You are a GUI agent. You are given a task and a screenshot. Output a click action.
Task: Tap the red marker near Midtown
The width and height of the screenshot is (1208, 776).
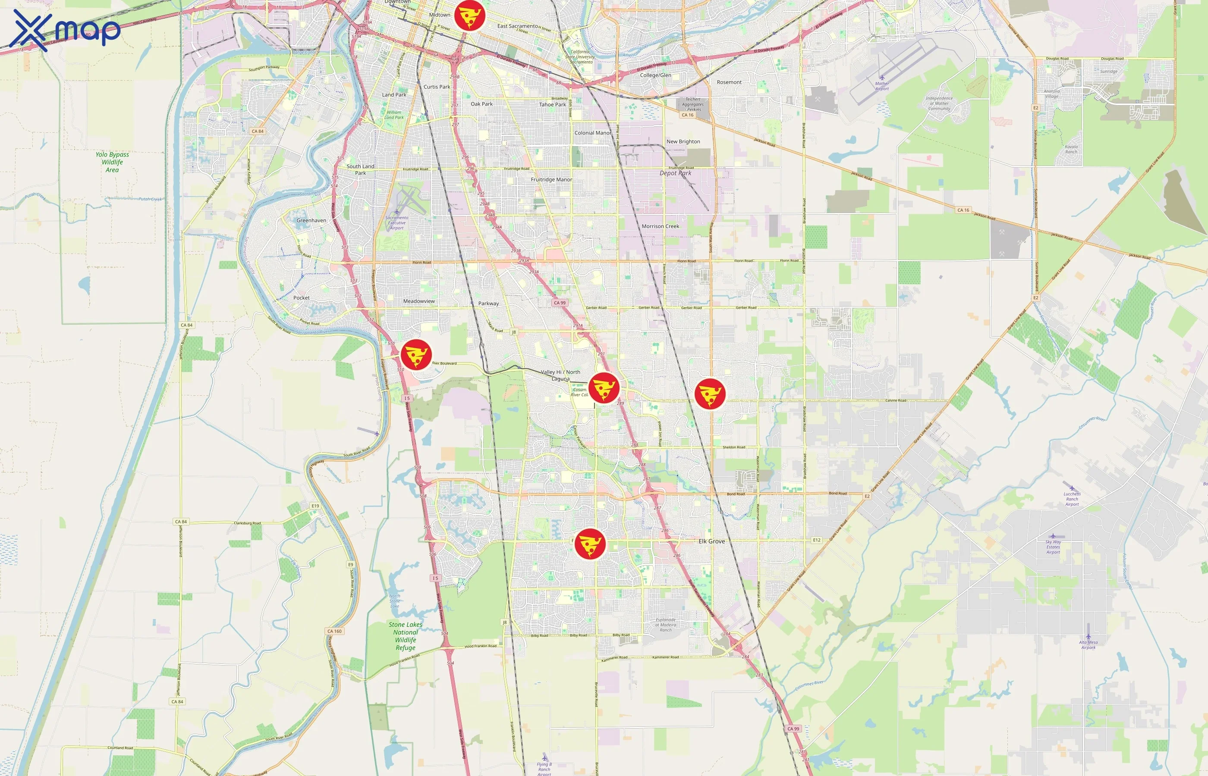click(x=469, y=16)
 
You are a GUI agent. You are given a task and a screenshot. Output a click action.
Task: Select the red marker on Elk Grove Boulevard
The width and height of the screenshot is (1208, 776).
click(x=590, y=544)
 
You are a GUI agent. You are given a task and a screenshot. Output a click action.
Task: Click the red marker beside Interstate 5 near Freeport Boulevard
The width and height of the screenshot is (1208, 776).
click(x=416, y=354)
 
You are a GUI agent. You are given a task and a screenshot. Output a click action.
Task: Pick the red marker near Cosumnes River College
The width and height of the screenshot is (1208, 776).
click(x=604, y=388)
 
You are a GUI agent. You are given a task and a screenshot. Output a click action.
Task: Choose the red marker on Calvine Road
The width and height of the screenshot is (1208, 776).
click(x=710, y=394)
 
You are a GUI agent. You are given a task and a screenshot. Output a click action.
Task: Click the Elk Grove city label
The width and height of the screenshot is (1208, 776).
click(x=711, y=541)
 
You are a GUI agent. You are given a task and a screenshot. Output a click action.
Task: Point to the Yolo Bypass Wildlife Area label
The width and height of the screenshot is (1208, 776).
click(x=112, y=162)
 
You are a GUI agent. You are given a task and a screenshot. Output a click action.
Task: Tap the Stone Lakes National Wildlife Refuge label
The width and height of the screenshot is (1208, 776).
click(x=406, y=636)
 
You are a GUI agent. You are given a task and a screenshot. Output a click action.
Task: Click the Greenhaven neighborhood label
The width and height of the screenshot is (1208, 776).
click(x=311, y=220)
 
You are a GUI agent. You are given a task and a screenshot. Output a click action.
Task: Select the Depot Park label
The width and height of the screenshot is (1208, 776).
click(x=675, y=173)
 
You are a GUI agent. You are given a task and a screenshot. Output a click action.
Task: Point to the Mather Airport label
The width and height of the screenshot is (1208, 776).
click(x=882, y=86)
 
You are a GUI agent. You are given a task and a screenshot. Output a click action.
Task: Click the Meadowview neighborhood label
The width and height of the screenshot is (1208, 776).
click(x=418, y=301)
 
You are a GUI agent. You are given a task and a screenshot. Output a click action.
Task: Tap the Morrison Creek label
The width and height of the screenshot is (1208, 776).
click(x=660, y=226)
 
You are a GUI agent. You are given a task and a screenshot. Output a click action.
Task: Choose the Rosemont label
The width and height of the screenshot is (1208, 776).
click(x=729, y=82)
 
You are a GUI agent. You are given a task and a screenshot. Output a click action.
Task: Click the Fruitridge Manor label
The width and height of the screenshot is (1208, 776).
click(x=551, y=179)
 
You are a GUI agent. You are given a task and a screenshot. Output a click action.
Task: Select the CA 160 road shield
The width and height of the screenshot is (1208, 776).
click(x=334, y=631)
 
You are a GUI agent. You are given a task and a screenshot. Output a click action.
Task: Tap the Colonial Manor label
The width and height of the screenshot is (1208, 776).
click(x=592, y=133)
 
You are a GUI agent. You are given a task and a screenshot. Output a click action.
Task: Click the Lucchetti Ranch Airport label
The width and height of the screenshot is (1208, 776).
click(x=1072, y=499)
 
